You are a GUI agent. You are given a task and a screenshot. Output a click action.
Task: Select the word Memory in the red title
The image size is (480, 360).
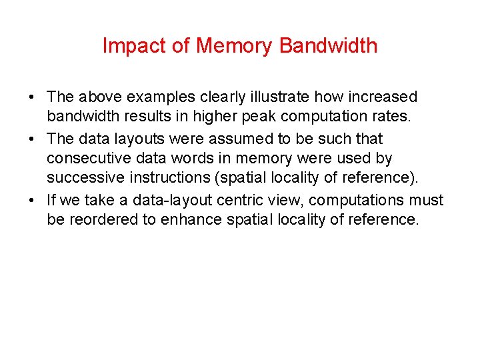[x=234, y=46]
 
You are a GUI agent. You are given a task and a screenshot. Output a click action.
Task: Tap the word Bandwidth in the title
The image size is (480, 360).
[x=329, y=46]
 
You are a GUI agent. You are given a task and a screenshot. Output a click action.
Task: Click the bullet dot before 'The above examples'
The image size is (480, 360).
[x=32, y=98]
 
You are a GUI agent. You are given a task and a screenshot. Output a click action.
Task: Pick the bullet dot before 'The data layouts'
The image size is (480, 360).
[x=32, y=139]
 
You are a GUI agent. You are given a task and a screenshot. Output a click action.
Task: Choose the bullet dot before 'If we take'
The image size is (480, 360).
[x=32, y=200]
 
